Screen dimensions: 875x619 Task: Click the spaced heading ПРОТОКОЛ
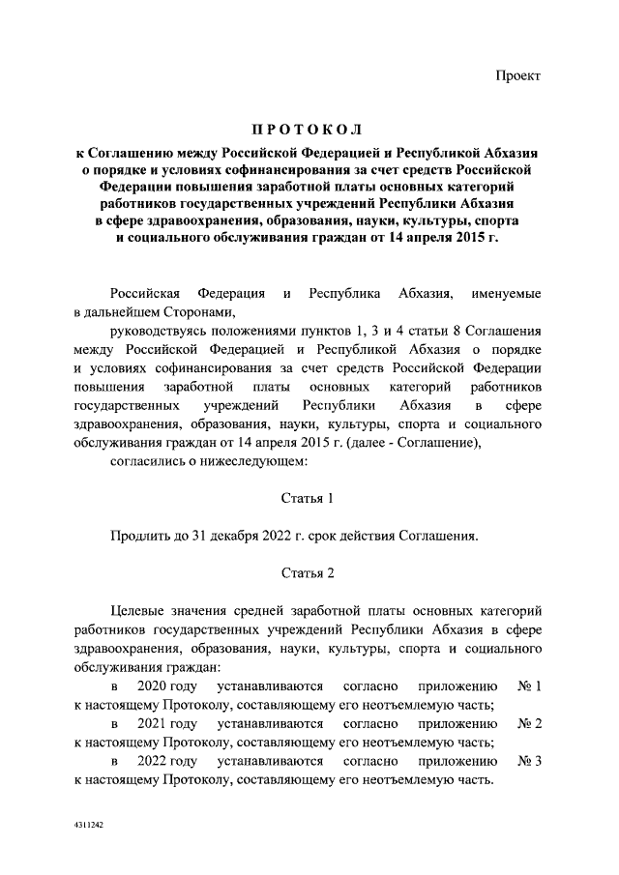pyautogui.click(x=308, y=131)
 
